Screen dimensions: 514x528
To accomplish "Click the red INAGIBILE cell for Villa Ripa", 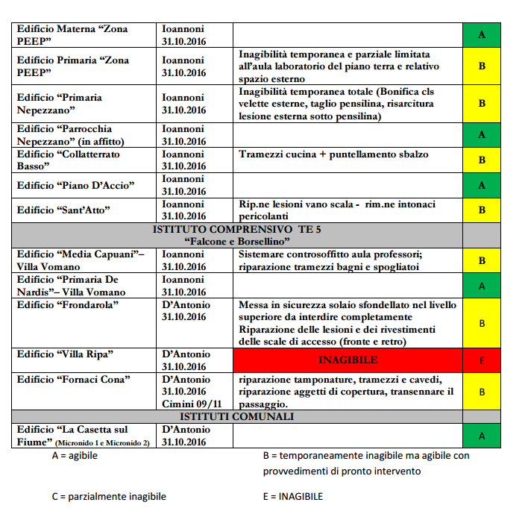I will point(348,360).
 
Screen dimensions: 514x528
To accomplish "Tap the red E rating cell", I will point(482,360).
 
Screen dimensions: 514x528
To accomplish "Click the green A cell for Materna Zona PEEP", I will point(482,34).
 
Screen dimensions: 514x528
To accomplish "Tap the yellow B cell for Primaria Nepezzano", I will point(482,104).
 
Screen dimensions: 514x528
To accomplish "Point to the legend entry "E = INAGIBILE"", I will point(293,496).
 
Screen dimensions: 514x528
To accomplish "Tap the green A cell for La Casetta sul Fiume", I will point(482,436).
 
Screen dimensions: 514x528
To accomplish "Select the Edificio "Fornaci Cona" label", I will point(74,380).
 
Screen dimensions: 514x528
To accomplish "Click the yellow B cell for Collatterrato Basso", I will point(482,160).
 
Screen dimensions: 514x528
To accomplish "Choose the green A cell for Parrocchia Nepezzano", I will point(482,135).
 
